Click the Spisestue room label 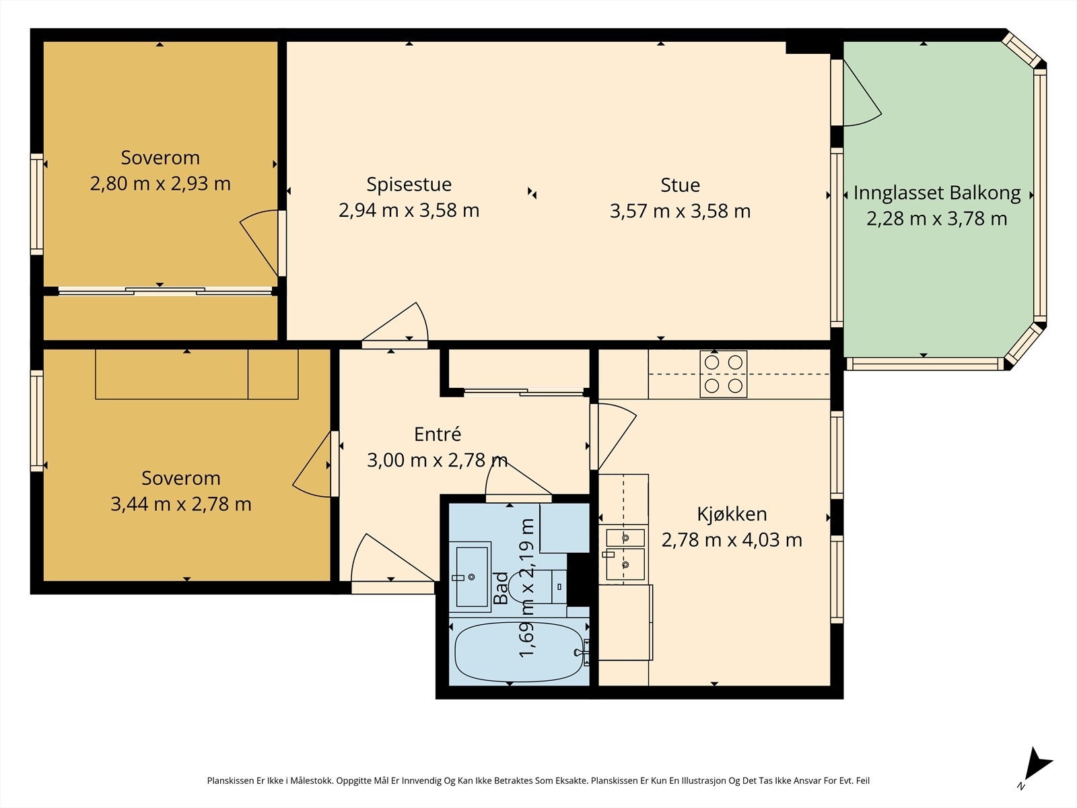pos(409,184)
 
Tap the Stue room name pos(680,185)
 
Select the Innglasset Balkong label pos(937,193)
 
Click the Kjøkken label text pos(732,514)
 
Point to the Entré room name pos(437,434)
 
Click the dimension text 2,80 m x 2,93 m pos(160,183)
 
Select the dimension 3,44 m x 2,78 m pos(180,504)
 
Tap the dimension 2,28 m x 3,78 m pos(937,218)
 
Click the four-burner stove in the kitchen pos(723,374)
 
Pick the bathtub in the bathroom pos(519,652)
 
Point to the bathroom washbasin pos(471,577)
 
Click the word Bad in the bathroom pos(501,588)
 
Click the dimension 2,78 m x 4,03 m pos(732,540)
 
